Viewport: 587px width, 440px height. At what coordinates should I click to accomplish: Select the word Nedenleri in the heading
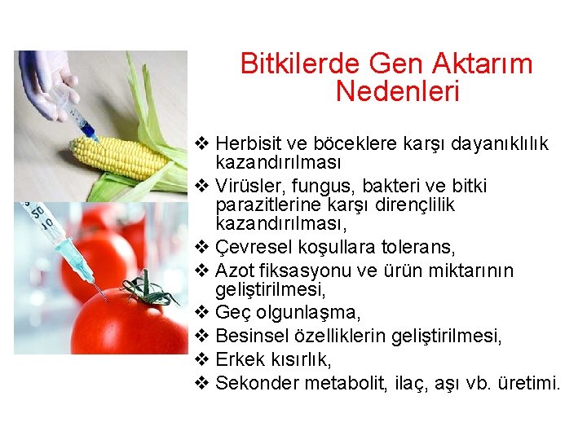pos(397,92)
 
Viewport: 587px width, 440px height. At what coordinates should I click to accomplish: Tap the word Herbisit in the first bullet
pos(248,144)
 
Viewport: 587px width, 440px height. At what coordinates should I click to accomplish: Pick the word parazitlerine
pos(266,205)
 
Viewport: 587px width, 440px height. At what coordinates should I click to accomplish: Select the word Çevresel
pos(251,247)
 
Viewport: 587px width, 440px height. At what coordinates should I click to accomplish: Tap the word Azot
pos(233,271)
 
